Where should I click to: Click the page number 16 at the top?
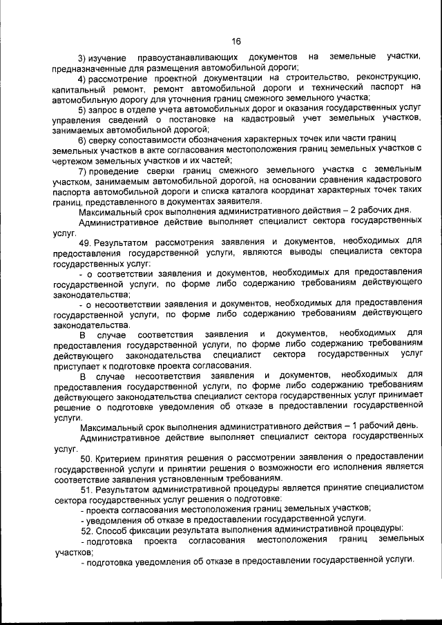236,41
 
